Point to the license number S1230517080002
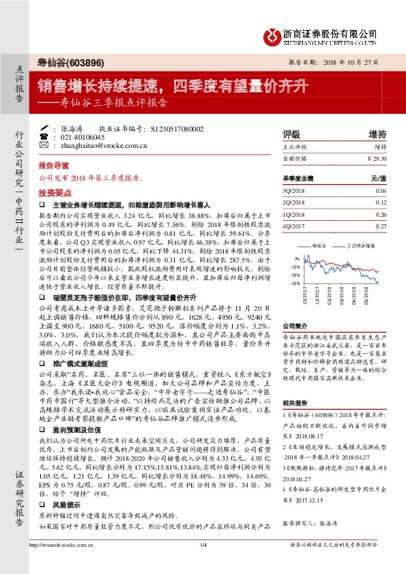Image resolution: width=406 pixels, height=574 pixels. (x=182, y=127)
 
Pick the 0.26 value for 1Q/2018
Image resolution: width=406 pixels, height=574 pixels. (x=381, y=214)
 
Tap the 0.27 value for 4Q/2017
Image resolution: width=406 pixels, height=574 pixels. (x=381, y=226)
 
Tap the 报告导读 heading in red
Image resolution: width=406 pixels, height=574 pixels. (x=53, y=166)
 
